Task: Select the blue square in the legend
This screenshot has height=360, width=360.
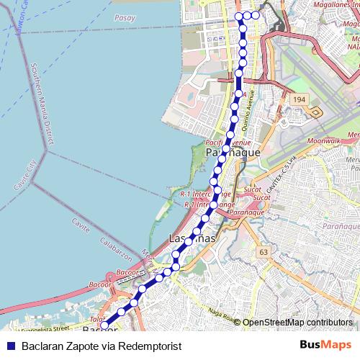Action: pos(9,346)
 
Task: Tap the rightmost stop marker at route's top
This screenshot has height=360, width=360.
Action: pos(255,15)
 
